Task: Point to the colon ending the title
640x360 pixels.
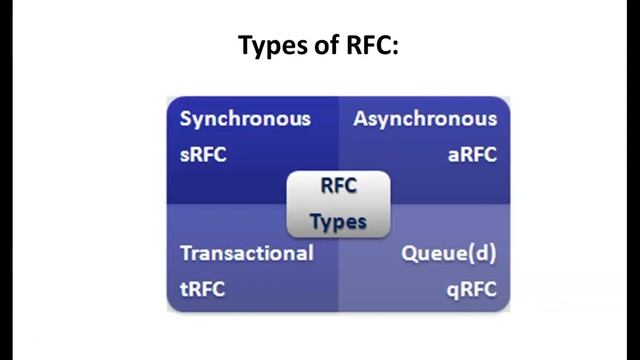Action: (396, 48)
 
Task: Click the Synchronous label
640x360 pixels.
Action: (245, 119)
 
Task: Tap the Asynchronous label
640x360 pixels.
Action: (425, 119)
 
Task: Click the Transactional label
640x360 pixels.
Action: (246, 253)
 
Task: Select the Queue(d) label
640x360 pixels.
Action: (448, 253)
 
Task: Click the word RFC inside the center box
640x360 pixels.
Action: (338, 186)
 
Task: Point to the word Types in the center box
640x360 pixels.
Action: (338, 221)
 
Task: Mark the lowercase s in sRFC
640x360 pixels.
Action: (185, 156)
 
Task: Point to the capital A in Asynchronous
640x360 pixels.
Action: (361, 119)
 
